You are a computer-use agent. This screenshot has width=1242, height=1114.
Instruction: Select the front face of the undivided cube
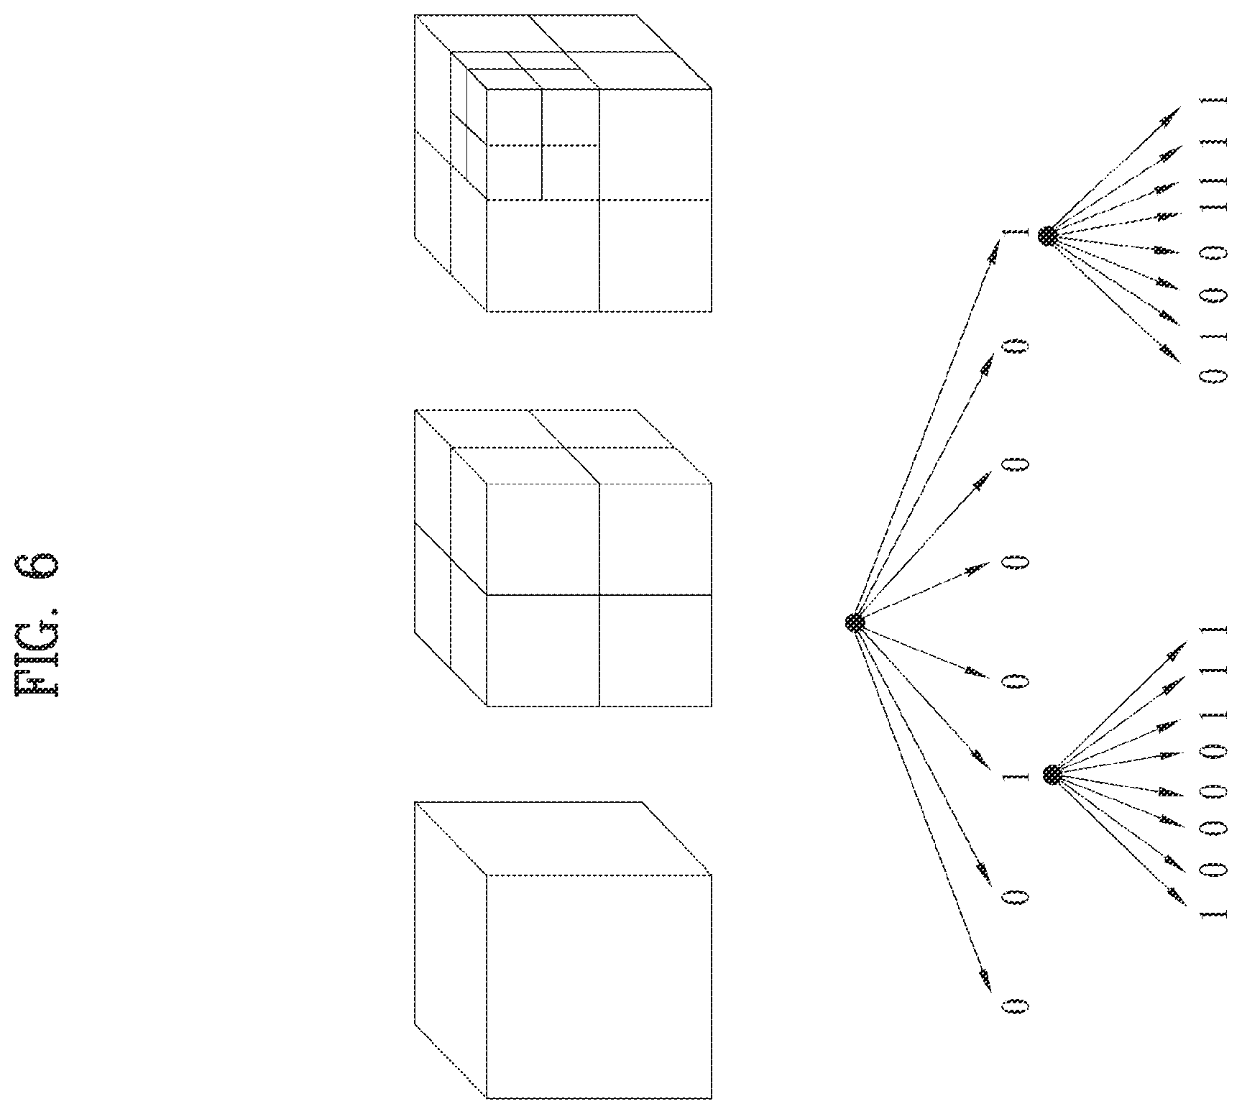[x=599, y=986]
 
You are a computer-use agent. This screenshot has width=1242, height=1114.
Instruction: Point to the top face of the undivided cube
[x=563, y=838]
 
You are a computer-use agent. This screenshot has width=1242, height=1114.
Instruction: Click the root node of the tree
[x=855, y=622]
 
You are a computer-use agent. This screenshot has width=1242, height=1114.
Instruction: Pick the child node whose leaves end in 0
[x=1048, y=236]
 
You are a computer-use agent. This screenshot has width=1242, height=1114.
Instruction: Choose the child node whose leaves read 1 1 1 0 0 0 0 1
[x=1052, y=775]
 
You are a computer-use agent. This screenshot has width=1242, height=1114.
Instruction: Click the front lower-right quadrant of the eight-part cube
[x=655, y=650]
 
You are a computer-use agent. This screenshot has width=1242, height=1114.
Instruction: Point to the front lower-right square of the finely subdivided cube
[x=655, y=256]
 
